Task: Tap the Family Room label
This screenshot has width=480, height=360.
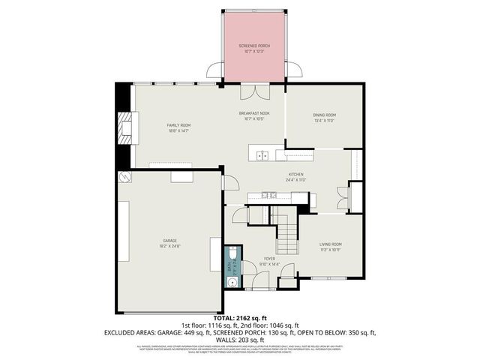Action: [178, 127]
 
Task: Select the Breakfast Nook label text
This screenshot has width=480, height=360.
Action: [254, 115]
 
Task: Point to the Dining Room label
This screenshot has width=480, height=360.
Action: [323, 117]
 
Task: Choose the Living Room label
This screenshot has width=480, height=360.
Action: [331, 246]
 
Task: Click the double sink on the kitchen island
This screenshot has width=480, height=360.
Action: [262, 156]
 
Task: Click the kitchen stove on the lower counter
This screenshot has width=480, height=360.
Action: [270, 196]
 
